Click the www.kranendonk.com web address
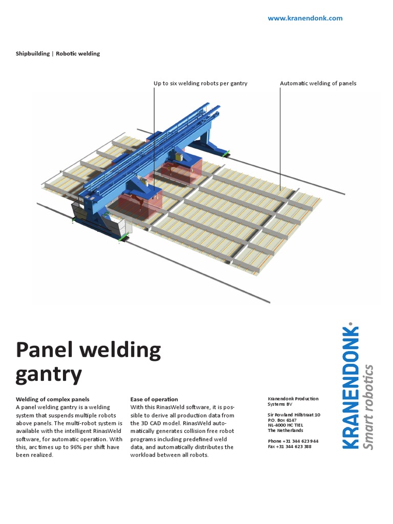coord(305,18)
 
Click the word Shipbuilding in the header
coord(33,53)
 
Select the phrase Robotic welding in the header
coord(78,53)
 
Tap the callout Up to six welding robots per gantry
coord(201,83)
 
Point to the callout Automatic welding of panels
coord(318,83)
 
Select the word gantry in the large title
coord(49,375)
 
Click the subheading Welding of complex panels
coord(53,399)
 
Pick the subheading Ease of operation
coord(154,399)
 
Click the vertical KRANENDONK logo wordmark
coord(351,387)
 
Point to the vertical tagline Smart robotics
coord(368,407)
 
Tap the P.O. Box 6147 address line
coord(282,420)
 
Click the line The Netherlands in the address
coord(286,430)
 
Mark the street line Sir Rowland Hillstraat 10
coord(294,414)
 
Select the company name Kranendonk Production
coord(293,399)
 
